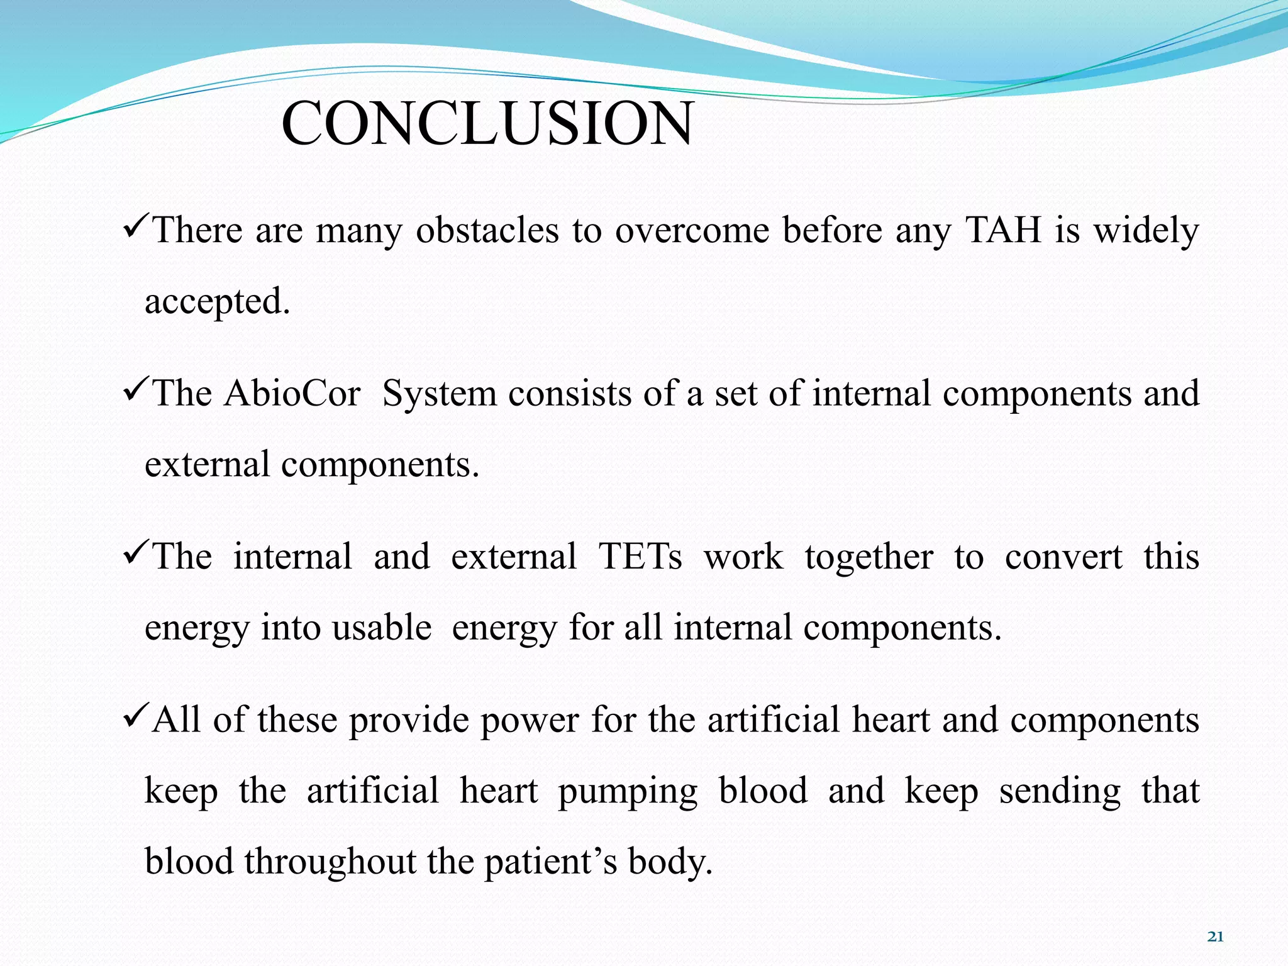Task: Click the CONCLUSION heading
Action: (x=487, y=123)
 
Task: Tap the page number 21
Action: (x=1215, y=937)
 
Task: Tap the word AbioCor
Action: (x=292, y=394)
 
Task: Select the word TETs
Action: (x=640, y=557)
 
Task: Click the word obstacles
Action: (x=487, y=230)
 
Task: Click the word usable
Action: (x=382, y=628)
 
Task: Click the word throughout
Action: (x=330, y=862)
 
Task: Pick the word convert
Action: (x=1063, y=557)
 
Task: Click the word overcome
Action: (x=692, y=230)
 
